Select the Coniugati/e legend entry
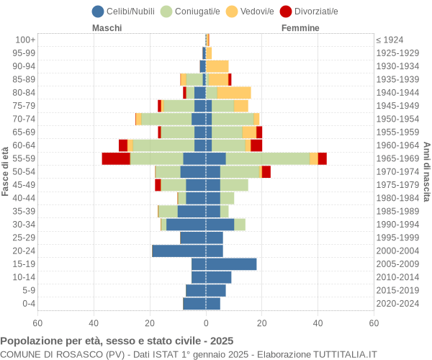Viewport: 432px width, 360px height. pyautogui.click(x=191, y=11)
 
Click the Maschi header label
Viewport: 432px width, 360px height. pyautogui.click(x=107, y=28)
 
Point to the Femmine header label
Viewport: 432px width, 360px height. pyautogui.click(x=301, y=28)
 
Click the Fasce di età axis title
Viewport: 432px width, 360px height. pyautogui.click(x=6, y=171)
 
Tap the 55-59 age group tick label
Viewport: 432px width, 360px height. pyautogui.click(x=24, y=158)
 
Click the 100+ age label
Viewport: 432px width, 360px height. pyautogui.click(x=26, y=40)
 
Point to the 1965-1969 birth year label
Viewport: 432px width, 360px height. pyautogui.click(x=398, y=158)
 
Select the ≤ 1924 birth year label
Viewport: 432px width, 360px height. pyautogui.click(x=390, y=40)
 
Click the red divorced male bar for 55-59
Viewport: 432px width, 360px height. pyautogui.click(x=116, y=158)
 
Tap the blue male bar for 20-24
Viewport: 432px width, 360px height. pyautogui.click(x=179, y=251)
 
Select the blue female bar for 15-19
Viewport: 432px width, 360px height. pyautogui.click(x=231, y=264)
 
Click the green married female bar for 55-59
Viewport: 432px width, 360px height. pyautogui.click(x=267, y=158)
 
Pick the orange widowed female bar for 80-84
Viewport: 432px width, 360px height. pyautogui.click(x=234, y=92)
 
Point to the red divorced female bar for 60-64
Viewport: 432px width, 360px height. pyautogui.click(x=256, y=145)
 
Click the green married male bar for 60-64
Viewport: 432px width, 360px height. pyautogui.click(x=163, y=145)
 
